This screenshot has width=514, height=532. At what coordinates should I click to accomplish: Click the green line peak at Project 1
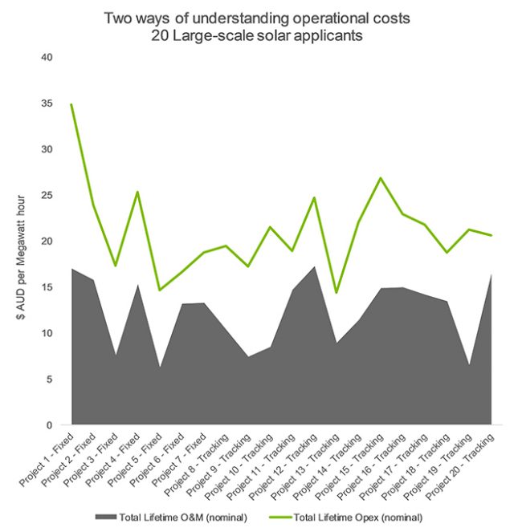click(x=71, y=104)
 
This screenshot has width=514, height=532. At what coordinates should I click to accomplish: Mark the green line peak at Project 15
click(x=380, y=178)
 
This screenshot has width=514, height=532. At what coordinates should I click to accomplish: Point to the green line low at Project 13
click(x=336, y=292)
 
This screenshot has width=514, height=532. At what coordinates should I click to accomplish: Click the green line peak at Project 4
click(x=137, y=192)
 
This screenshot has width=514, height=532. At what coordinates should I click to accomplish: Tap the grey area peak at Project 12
click(x=314, y=266)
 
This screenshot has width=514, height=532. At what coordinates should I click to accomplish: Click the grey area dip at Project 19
click(x=468, y=365)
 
